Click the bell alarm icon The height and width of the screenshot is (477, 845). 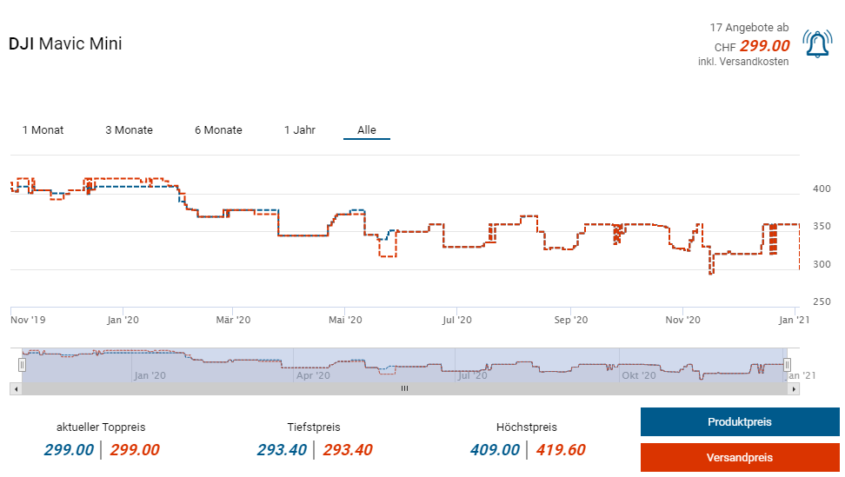tap(817, 44)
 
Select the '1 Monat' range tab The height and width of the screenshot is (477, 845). tap(43, 130)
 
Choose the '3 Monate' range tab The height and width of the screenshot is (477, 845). tap(129, 130)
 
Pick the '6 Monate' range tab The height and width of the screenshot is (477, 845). tap(218, 130)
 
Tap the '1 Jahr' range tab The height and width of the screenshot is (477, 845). tap(299, 130)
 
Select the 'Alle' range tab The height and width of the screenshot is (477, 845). tap(367, 130)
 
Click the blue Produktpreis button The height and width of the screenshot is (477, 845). tap(739, 422)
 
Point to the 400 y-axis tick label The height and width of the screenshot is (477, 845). tap(822, 189)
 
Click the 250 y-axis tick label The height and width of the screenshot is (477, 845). tap(822, 301)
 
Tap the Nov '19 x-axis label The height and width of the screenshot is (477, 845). tap(28, 320)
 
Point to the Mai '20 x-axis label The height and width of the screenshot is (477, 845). tap(345, 320)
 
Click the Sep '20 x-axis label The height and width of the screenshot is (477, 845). tap(571, 320)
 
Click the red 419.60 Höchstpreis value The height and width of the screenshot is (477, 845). tap(560, 449)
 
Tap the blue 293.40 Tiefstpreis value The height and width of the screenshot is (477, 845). tap(282, 449)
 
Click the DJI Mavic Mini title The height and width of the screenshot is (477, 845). tap(65, 43)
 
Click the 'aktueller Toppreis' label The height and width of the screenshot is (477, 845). tap(101, 427)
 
